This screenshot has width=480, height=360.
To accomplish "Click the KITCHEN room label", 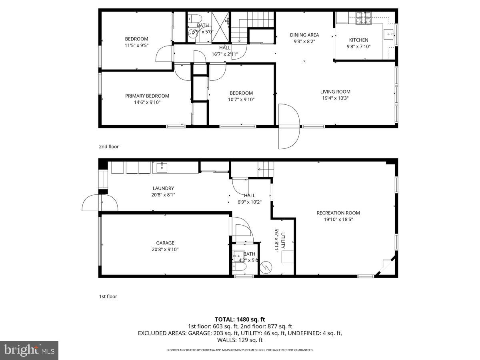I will pyautogui.click(x=358, y=40).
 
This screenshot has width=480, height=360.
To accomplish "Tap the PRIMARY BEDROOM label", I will pyautogui.click(x=147, y=96).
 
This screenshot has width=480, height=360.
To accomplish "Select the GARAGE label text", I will pyautogui.click(x=165, y=243).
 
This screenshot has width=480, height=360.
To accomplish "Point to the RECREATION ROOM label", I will pyautogui.click(x=338, y=213).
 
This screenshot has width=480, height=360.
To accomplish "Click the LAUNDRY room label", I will pyautogui.click(x=163, y=188).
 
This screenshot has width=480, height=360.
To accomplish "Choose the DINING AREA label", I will pyautogui.click(x=304, y=35).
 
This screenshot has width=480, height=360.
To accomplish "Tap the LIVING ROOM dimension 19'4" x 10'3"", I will pyautogui.click(x=335, y=98).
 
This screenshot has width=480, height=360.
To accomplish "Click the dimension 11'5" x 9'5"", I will pyautogui.click(x=136, y=45).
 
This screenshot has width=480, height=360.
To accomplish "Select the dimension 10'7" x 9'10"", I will pyautogui.click(x=241, y=100).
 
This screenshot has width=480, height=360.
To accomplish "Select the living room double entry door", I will pyautogui.click(x=289, y=126).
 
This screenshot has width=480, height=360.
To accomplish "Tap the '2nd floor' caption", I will pyautogui.click(x=109, y=147).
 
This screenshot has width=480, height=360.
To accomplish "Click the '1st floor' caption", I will pyautogui.click(x=108, y=297).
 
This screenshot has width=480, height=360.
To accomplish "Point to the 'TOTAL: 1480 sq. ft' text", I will pyautogui.click(x=240, y=319).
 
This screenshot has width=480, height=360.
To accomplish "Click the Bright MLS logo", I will pyautogui.click(x=29, y=350).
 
